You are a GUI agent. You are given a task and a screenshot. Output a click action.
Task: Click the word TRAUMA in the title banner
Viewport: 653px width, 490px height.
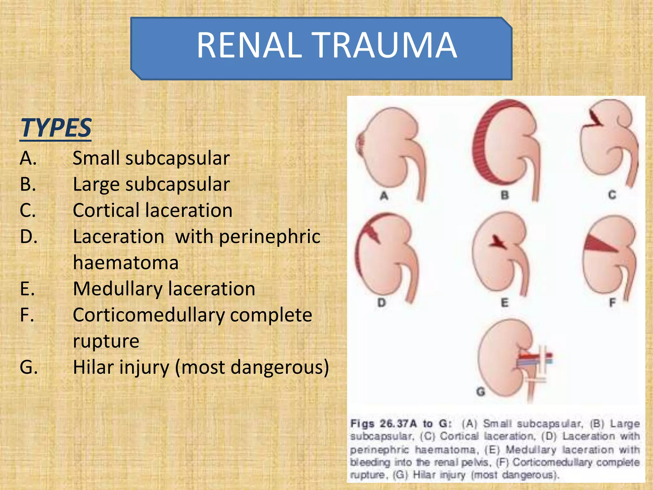pos(384,45)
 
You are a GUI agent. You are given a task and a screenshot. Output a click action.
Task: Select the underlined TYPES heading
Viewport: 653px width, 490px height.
pos(56,128)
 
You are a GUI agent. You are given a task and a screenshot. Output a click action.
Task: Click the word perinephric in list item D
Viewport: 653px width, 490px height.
pos(270,237)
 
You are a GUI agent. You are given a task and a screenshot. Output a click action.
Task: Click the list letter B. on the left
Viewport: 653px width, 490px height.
pos(28,184)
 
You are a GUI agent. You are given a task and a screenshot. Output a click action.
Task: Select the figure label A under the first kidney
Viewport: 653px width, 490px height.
pos(384,195)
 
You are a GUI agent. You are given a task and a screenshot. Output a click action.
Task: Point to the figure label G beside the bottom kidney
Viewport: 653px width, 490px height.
pos(481,391)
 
